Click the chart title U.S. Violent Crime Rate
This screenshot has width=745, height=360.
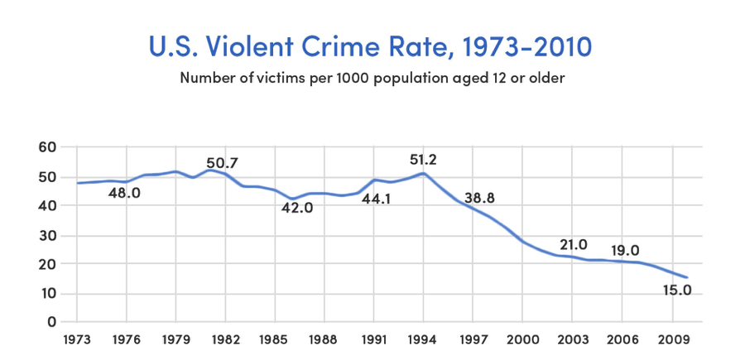(x=371, y=46)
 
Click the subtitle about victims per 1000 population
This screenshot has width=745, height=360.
(x=372, y=79)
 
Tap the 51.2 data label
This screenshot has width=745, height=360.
(x=427, y=160)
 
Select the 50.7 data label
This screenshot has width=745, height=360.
(x=222, y=163)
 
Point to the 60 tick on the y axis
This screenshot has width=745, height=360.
(x=46, y=147)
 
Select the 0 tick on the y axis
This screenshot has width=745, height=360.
(x=51, y=322)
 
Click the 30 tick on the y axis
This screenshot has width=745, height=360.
(x=46, y=235)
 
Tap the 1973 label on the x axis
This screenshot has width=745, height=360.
(x=77, y=338)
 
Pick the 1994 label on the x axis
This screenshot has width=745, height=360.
(x=424, y=338)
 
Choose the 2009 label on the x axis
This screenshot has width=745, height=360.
(x=672, y=338)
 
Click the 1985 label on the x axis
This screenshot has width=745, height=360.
(x=275, y=338)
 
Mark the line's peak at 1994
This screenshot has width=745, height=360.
(x=424, y=173)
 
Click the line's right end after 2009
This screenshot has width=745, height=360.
(x=687, y=277)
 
